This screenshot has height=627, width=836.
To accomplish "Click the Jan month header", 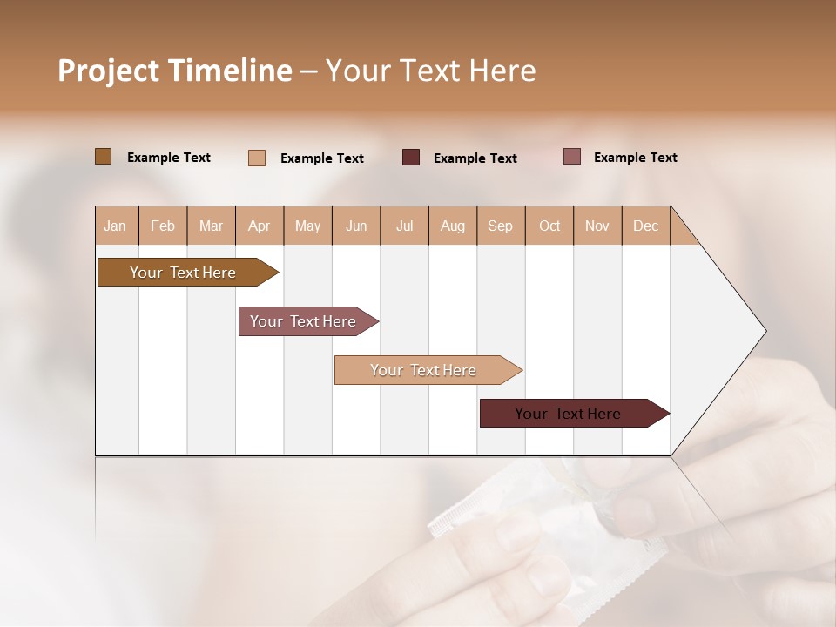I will [x=115, y=226].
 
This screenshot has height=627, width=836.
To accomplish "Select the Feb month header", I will [x=163, y=226].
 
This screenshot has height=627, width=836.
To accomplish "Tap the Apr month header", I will [x=259, y=226].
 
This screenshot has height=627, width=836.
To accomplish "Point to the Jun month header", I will [x=356, y=226].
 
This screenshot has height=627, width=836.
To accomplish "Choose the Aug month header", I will [x=452, y=226].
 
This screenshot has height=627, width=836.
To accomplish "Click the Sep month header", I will [x=500, y=226].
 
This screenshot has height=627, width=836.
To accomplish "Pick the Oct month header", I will [x=549, y=226].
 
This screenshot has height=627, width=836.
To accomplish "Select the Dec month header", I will [x=645, y=226].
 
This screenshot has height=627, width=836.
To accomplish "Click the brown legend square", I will [x=103, y=157].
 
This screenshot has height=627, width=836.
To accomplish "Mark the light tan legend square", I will [x=257, y=158].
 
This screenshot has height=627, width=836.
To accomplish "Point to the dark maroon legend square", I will [x=411, y=158].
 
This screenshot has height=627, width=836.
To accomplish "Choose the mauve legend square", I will [x=572, y=157].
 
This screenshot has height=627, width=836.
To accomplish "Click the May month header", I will [x=307, y=226].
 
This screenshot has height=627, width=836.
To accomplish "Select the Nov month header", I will [x=597, y=226].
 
